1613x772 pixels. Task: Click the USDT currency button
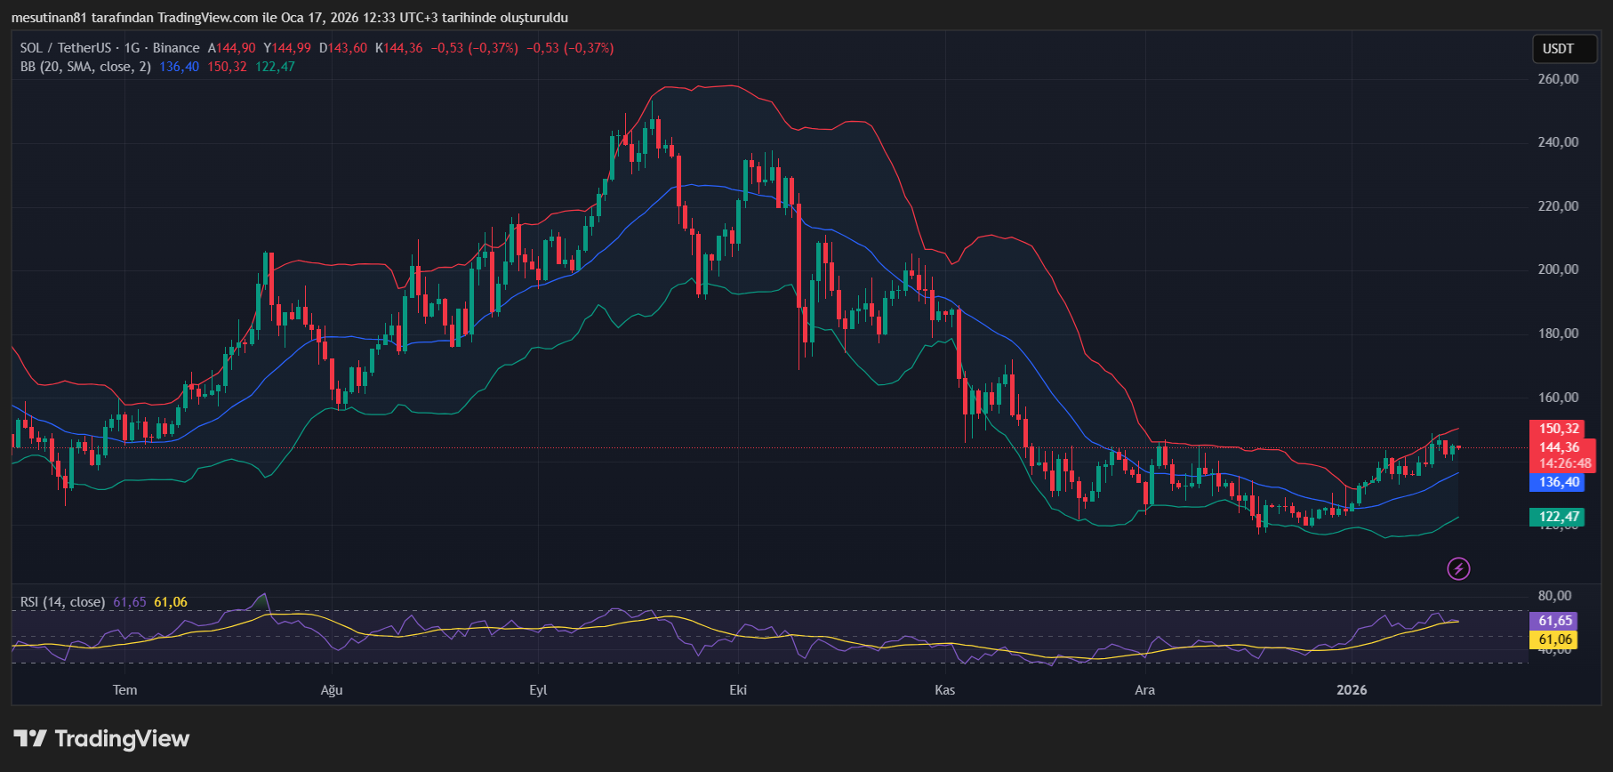coord(1558,49)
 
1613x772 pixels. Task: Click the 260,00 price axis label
coord(1558,79)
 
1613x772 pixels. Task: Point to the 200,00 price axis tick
coord(1558,269)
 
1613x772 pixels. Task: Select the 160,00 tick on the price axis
coord(1558,398)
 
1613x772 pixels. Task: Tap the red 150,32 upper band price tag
coord(1559,429)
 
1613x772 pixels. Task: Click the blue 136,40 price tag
coord(1559,482)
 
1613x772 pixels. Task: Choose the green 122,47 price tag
coord(1559,517)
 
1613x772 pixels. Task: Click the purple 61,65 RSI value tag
coord(1555,621)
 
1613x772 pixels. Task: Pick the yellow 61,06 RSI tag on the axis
coord(1555,639)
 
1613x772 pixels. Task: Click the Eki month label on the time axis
coord(738,690)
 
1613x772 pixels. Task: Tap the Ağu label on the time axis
coord(331,690)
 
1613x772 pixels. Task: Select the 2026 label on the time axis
coord(1352,690)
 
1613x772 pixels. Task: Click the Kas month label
coord(944,690)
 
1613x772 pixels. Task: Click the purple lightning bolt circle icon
coord(1458,568)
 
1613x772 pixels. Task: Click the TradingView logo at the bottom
coord(101,739)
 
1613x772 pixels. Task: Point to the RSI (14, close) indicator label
coord(62,602)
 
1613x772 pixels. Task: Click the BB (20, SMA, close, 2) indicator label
coord(85,67)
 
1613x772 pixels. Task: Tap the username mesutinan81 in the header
coord(49,18)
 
